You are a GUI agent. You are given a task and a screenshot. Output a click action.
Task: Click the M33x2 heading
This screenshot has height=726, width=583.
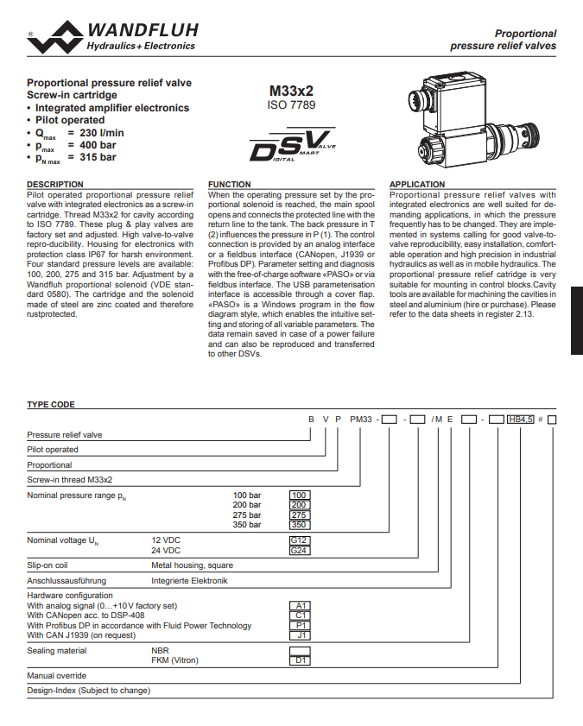coord(291,91)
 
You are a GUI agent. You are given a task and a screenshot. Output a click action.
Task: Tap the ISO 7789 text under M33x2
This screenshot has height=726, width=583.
coord(291,104)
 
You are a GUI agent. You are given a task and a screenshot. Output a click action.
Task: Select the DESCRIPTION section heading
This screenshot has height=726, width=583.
coord(55,184)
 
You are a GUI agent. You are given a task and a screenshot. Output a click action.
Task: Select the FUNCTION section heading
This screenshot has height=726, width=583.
coord(230,184)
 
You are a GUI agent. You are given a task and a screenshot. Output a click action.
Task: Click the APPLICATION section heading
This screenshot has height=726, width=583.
coord(417,184)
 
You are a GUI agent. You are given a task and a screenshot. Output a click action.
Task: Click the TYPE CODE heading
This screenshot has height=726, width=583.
coord(51,404)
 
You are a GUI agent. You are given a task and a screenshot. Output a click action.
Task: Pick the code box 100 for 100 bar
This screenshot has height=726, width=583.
coord(300,496)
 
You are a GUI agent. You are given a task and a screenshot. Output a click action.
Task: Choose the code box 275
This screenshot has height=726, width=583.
coord(300,515)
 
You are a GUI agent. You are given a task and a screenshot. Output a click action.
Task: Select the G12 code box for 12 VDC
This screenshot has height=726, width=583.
coord(300,540)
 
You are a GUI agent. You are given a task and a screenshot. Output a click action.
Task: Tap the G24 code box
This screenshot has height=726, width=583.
coord(300,550)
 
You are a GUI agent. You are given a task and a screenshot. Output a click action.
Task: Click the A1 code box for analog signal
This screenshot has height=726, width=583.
coord(300,606)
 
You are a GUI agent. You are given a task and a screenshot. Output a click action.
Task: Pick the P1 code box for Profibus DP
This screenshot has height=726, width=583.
coord(300,625)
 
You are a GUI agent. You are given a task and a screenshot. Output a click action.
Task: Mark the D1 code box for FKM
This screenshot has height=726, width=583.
coord(300,660)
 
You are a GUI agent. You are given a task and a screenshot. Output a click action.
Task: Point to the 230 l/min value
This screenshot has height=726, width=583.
coord(102,133)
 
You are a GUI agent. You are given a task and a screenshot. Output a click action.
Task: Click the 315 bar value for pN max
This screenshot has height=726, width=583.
coord(98,157)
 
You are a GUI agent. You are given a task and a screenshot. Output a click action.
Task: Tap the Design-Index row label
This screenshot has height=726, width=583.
coord(89,691)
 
